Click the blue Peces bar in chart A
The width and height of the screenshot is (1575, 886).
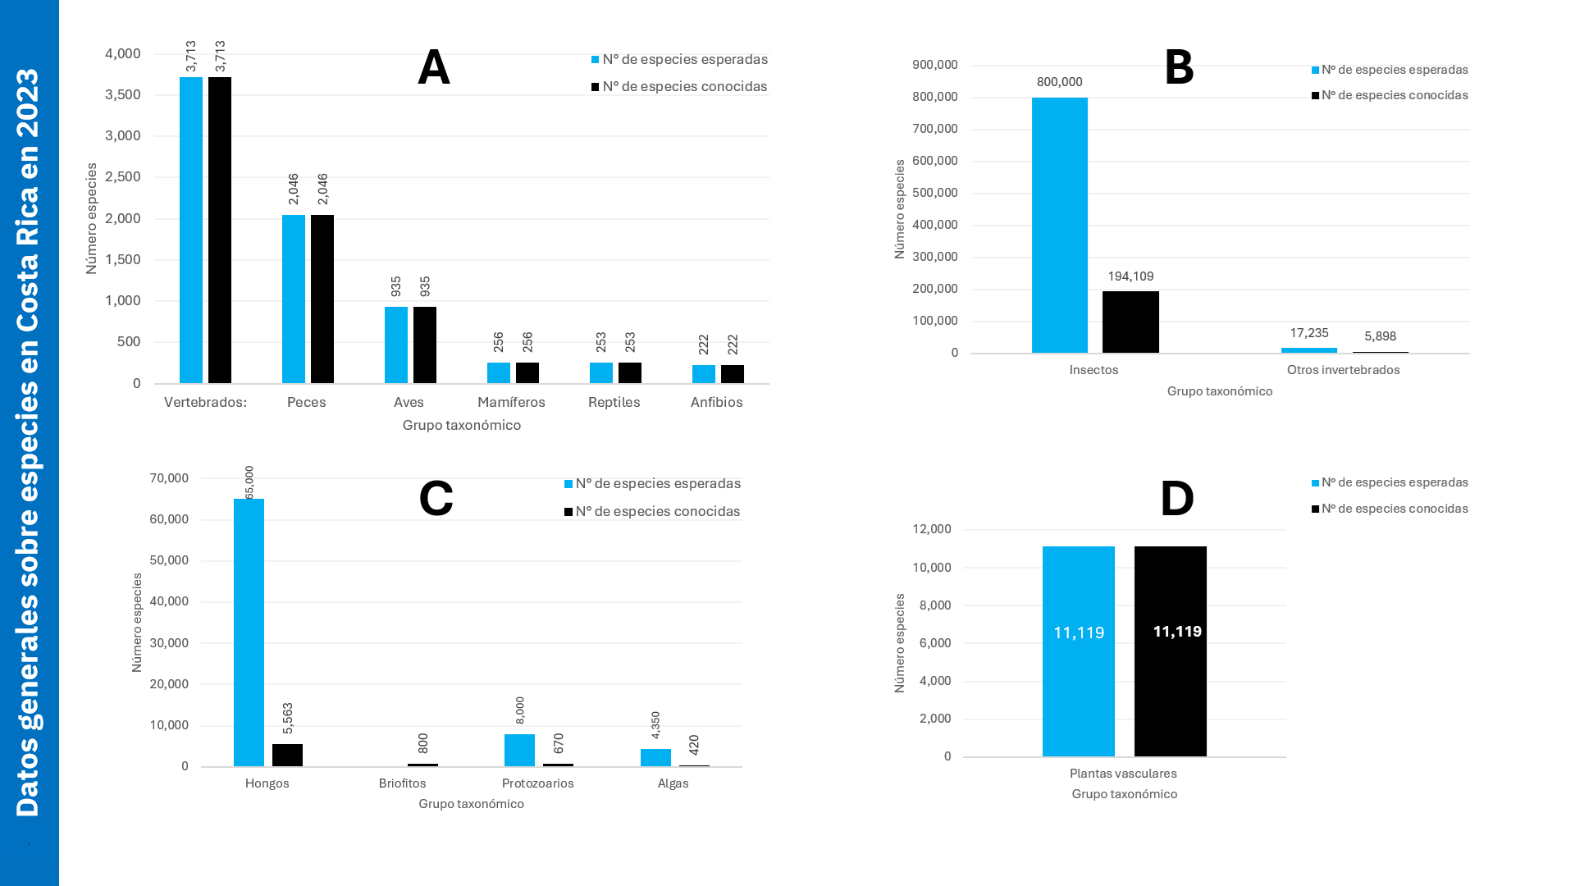[293, 299]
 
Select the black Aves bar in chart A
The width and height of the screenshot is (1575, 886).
[425, 345]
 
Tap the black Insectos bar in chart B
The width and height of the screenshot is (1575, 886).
[1130, 322]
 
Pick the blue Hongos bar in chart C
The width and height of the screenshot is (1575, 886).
[249, 632]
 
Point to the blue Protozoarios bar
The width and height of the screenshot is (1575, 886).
[519, 750]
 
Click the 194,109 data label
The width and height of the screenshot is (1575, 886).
[1130, 276]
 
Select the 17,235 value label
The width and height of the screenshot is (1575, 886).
[1308, 333]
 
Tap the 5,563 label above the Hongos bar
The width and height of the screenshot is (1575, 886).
[288, 719]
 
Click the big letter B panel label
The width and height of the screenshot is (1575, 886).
[1179, 68]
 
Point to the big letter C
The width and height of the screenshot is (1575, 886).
[436, 498]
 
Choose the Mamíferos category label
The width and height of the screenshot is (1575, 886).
[511, 402]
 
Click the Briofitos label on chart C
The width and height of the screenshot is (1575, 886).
[402, 783]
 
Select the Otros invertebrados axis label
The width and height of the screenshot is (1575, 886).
[1343, 370]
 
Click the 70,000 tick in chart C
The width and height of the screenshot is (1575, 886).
[169, 478]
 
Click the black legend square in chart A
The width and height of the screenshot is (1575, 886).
[596, 87]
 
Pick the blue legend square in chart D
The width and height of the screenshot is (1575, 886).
[1315, 483]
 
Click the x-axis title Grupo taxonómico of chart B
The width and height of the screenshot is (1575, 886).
[1219, 391]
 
